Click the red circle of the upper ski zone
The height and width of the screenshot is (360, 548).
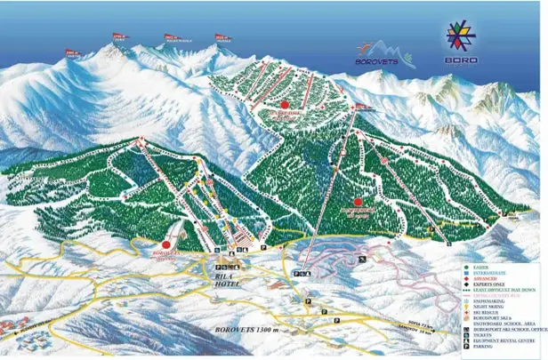[285, 105]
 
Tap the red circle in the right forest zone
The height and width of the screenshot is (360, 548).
[358, 202]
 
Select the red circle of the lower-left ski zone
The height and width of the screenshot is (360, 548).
[166, 244]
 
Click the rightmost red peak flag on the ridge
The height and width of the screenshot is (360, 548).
[222, 37]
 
